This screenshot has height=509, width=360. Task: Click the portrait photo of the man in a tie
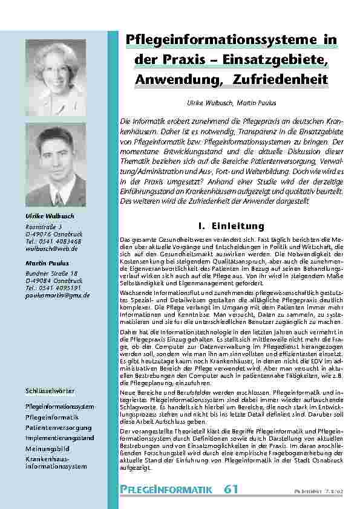click(x=55, y=164)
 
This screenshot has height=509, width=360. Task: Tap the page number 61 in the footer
click(x=232, y=488)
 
